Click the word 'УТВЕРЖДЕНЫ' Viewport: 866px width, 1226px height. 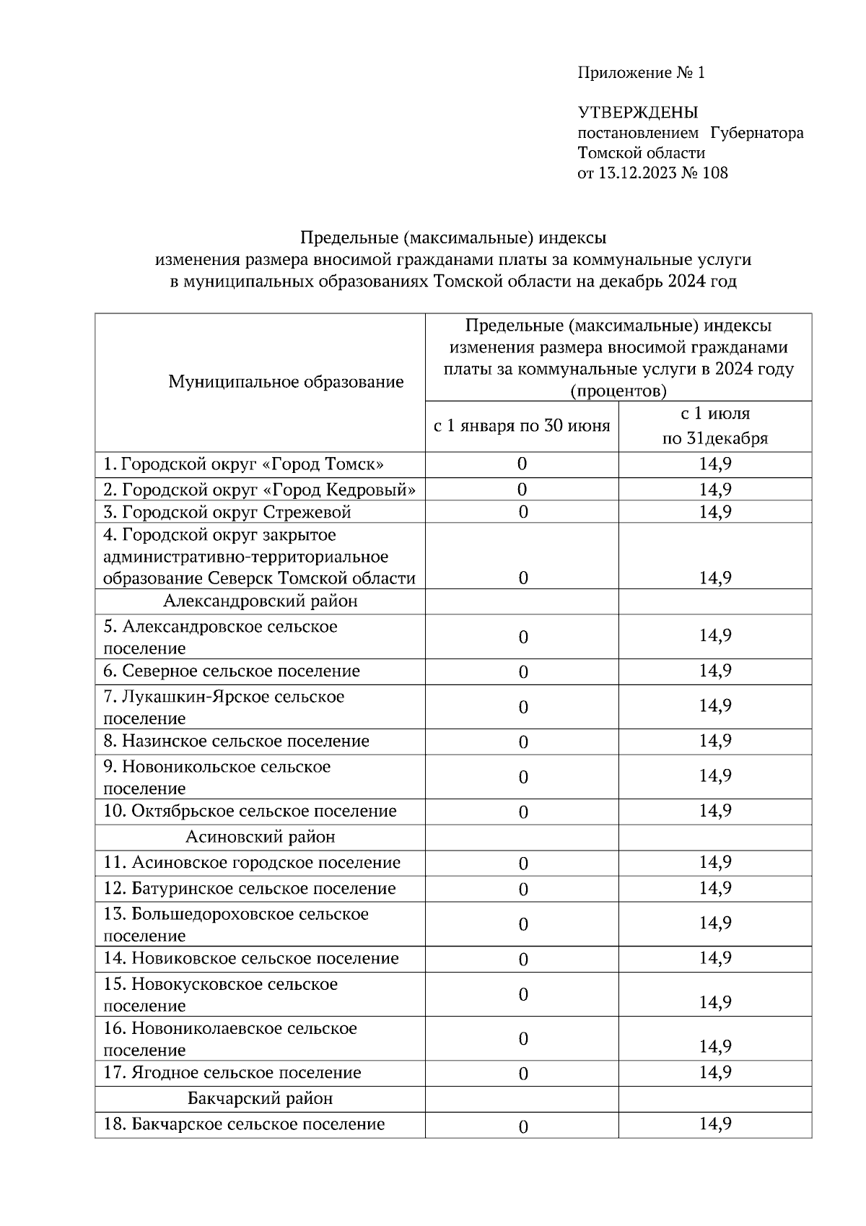[x=637, y=113]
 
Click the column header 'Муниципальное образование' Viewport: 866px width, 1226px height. [x=286, y=382]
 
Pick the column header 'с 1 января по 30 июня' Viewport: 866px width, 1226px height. [x=521, y=426]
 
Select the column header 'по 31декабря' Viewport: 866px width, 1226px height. [x=714, y=438]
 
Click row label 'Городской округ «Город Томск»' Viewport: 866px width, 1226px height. [x=244, y=464]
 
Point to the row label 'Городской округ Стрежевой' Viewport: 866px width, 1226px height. [x=227, y=512]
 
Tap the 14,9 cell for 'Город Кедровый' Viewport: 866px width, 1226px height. [x=714, y=490]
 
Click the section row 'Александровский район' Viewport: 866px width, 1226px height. [x=260, y=601]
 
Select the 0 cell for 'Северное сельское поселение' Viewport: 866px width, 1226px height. [x=523, y=672]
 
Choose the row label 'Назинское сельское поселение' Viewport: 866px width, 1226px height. [x=236, y=741]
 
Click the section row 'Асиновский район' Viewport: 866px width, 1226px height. [x=260, y=837]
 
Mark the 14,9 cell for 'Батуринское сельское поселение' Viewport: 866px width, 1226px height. [x=714, y=887]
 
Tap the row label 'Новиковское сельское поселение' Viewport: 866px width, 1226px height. [x=251, y=958]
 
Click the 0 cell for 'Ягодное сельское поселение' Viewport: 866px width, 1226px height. [x=523, y=1074]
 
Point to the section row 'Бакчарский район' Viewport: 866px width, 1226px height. [x=260, y=1098]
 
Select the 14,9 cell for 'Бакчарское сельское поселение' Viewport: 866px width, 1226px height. [x=714, y=1123]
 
